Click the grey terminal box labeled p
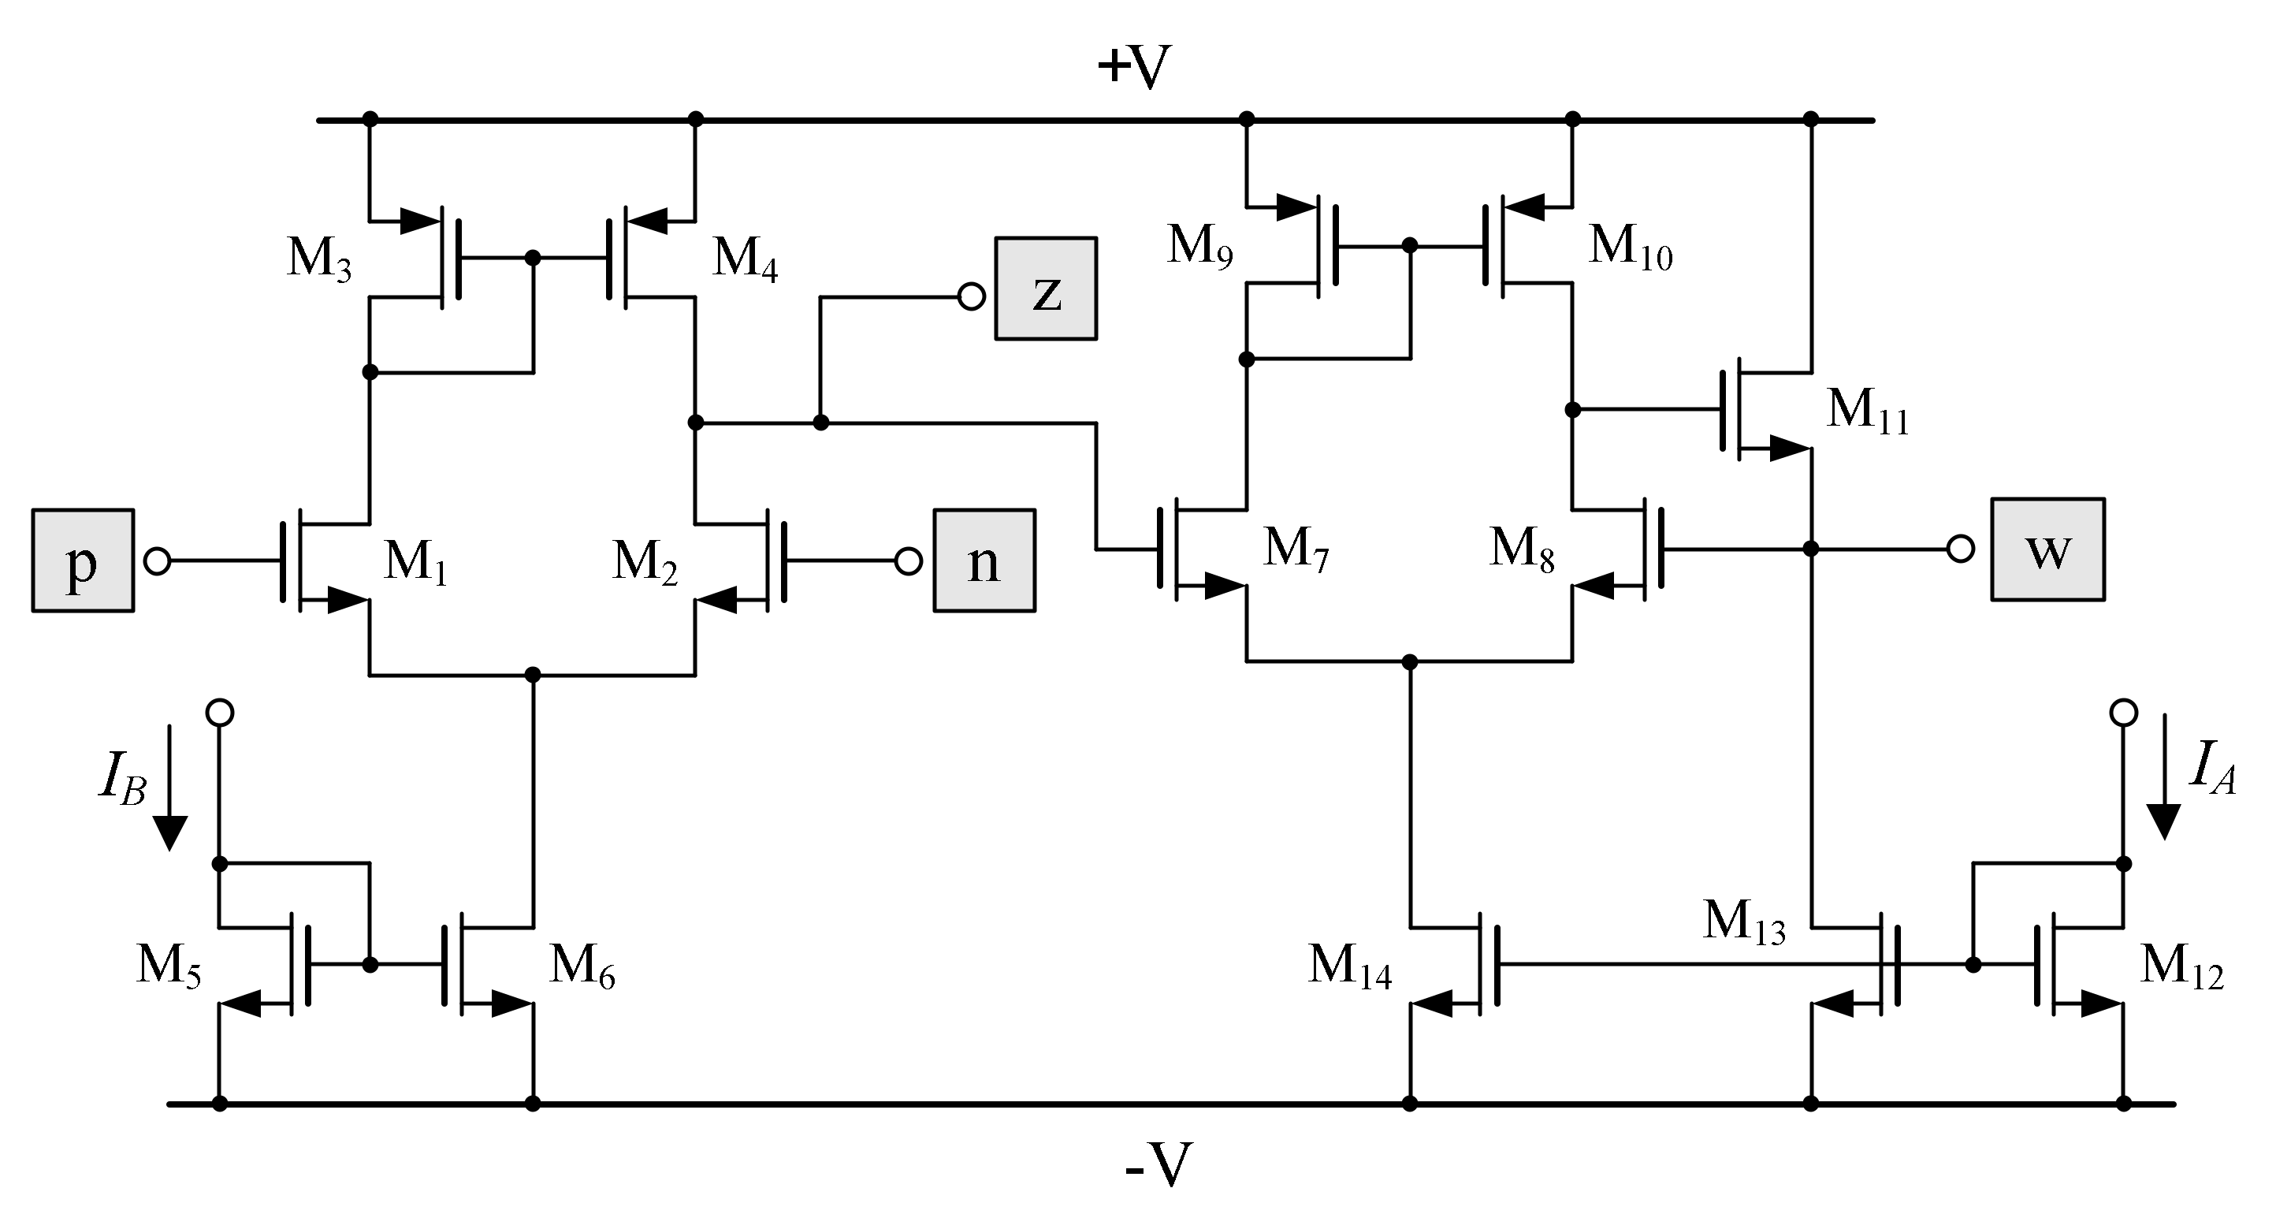coord(83,560)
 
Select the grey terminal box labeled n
coord(984,560)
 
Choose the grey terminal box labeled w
coord(2047,549)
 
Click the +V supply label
coord(1133,66)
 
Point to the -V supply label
coord(1158,1165)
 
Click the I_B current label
coord(122,780)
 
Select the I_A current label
coord(2211,767)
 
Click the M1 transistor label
coord(415,562)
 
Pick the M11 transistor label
coord(1867,411)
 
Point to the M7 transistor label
coord(1296,549)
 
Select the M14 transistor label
coord(1349,966)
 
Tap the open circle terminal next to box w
coord(1961,549)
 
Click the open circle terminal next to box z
coord(971,297)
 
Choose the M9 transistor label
coord(1199,246)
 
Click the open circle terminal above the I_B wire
coord(219,712)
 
